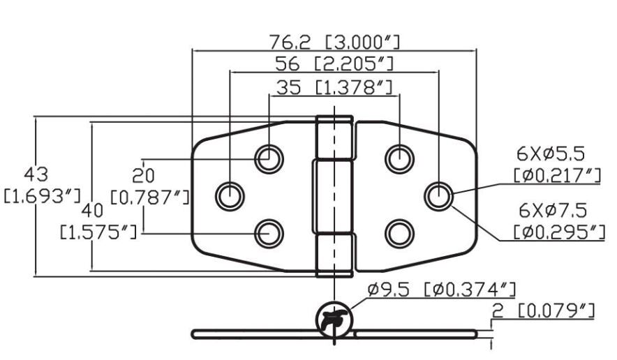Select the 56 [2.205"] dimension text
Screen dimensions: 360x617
[334, 64]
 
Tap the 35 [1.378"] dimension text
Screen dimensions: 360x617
[334, 87]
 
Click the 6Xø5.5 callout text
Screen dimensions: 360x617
[553, 153]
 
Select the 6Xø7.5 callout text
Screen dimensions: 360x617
[553, 210]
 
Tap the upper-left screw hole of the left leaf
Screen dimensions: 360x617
[269, 158]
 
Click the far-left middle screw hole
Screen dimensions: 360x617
[229, 196]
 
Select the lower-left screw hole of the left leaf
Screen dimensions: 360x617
[269, 233]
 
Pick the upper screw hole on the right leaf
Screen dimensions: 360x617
[399, 158]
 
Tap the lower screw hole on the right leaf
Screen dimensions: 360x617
[399, 233]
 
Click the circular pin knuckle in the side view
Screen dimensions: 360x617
[333, 322]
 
